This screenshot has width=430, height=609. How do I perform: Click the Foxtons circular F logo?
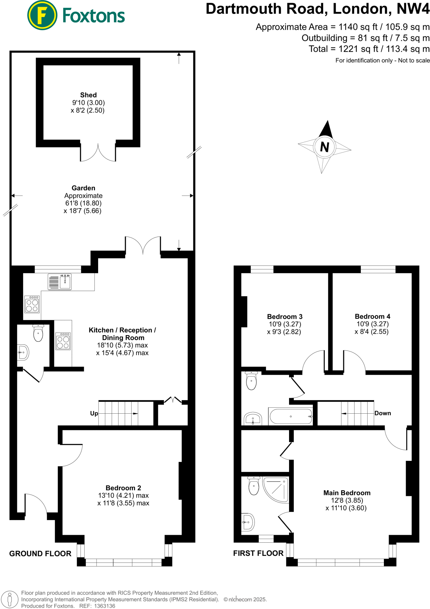[42, 15]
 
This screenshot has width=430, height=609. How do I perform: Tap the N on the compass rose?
[324, 147]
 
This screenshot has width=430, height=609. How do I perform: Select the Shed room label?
[88, 95]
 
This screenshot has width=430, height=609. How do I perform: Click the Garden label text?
[83, 188]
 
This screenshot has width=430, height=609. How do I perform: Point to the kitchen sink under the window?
[65, 281]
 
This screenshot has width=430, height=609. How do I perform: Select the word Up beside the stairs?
[94, 413]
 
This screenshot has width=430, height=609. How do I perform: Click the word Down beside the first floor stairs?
[382, 413]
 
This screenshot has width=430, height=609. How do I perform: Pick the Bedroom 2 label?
[123, 488]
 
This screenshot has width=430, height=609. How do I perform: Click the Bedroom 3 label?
[285, 316]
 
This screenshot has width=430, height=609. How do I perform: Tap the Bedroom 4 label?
[372, 316]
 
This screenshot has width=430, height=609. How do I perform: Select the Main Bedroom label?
[347, 493]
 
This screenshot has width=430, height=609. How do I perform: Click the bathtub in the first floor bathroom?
[291, 416]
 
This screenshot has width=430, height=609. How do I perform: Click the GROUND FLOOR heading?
[40, 553]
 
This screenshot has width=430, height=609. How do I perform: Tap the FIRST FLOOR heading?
[258, 553]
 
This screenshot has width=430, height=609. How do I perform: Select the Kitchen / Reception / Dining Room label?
[122, 334]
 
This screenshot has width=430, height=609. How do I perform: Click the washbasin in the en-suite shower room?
[248, 522]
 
